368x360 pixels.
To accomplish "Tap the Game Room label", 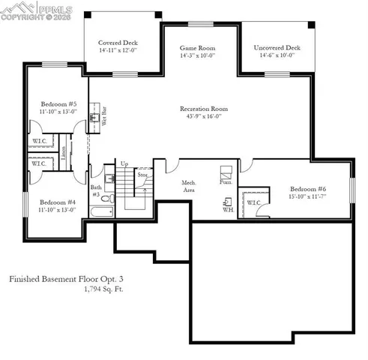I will [x=197, y=46].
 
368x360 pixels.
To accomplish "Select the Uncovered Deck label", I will [x=277, y=46].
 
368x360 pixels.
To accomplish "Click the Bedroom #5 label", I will [x=57, y=104].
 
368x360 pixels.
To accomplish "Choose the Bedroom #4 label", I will [x=57, y=202].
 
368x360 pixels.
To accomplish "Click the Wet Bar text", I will [x=103, y=118].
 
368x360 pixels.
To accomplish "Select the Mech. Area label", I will [x=190, y=186].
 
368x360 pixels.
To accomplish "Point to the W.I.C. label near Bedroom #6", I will [x=253, y=202].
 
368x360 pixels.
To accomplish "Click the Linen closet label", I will [x=64, y=153].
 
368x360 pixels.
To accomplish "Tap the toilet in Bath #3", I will [x=106, y=199].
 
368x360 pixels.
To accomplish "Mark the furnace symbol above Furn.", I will [x=226, y=170].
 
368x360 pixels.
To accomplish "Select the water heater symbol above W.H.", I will [x=228, y=201].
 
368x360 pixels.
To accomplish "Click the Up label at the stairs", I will [x=124, y=163].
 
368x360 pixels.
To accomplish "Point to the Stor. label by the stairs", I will [x=142, y=175].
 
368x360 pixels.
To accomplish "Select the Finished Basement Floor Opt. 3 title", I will [x=64, y=278].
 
